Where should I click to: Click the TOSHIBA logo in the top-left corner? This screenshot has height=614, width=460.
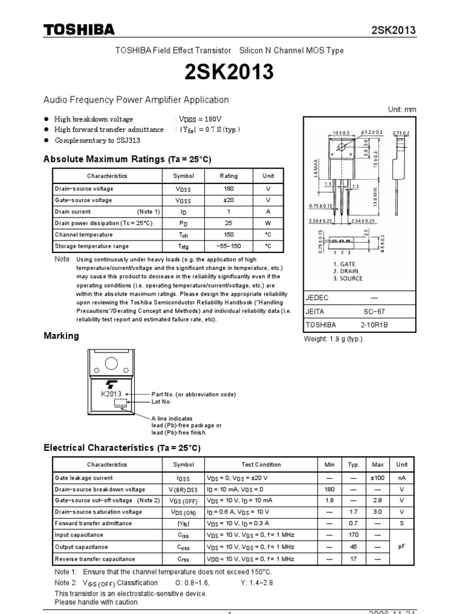(x=78, y=31)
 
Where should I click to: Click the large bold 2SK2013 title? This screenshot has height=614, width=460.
(x=229, y=73)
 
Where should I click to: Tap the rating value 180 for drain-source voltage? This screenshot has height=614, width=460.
(x=228, y=188)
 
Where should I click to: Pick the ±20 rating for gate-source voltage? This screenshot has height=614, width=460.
(x=228, y=200)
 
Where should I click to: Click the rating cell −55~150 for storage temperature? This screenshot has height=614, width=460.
(x=228, y=246)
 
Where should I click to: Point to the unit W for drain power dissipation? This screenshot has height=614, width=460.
(x=268, y=223)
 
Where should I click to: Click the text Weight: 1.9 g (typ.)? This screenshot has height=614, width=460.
(x=334, y=339)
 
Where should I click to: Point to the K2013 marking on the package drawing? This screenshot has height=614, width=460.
(x=111, y=394)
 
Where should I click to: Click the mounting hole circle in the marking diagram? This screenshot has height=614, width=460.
(x=111, y=363)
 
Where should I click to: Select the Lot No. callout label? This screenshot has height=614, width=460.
(x=161, y=401)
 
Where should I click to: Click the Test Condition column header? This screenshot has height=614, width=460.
(x=261, y=464)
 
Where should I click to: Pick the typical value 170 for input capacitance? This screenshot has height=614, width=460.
(x=353, y=535)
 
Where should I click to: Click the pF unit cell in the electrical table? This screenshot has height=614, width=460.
(x=401, y=546)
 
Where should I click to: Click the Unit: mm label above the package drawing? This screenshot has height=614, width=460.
(x=402, y=109)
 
